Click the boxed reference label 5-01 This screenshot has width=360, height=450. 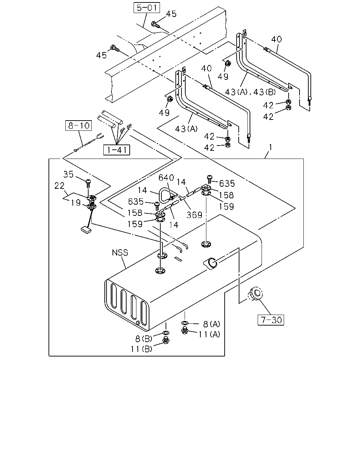click(x=147, y=8)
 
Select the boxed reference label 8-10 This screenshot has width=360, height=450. click(x=78, y=126)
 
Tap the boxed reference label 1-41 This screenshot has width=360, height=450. click(x=117, y=150)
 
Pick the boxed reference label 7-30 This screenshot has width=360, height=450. click(x=271, y=320)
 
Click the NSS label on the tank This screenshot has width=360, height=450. click(x=120, y=253)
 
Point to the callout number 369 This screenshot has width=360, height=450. click(x=194, y=215)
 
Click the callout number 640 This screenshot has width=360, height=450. click(x=166, y=178)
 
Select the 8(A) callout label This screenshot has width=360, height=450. click(x=212, y=324)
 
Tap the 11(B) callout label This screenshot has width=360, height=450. click(x=141, y=349)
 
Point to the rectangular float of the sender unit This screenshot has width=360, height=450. click(x=86, y=230)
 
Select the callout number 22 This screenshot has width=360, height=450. click(x=59, y=186)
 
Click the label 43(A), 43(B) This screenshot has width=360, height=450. click(x=250, y=92)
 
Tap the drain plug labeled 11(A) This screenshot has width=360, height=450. click(x=185, y=330)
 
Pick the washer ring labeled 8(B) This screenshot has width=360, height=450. click(x=166, y=333)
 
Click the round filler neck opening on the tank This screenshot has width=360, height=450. click(x=211, y=263)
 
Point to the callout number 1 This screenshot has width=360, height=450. click(x=270, y=147)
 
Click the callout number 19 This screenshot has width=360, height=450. click(x=76, y=202)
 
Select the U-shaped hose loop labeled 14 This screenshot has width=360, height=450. click(x=163, y=195)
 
